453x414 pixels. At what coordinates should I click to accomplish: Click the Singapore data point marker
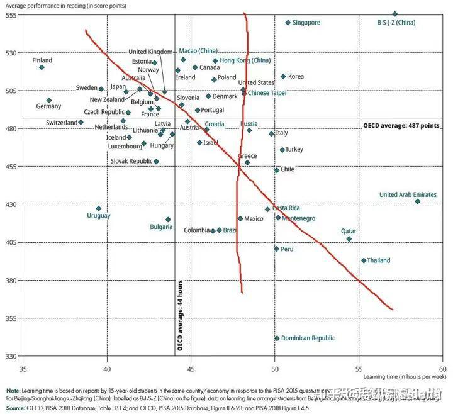[288, 23]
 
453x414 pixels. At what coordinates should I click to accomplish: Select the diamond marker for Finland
[42, 67]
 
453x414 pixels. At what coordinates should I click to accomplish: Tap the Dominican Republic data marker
[277, 338]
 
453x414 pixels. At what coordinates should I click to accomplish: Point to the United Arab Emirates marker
[417, 201]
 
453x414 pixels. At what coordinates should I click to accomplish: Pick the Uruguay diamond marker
[98, 208]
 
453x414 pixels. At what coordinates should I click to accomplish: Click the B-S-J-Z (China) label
[396, 23]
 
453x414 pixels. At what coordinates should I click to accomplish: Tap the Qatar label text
[349, 231]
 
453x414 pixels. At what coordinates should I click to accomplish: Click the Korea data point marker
[283, 77]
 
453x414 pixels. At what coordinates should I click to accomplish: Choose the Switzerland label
[61, 123]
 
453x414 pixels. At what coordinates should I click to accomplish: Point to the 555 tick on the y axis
[12, 14]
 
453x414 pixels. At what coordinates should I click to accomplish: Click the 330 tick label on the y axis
[12, 356]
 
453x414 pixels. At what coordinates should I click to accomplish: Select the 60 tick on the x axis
[442, 368]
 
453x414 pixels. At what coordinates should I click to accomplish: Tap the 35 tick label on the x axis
[23, 368]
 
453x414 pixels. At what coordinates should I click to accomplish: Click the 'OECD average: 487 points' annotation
[401, 126]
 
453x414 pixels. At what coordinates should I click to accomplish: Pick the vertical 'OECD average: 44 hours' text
[180, 314]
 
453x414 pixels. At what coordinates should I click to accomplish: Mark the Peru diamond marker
[277, 249]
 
